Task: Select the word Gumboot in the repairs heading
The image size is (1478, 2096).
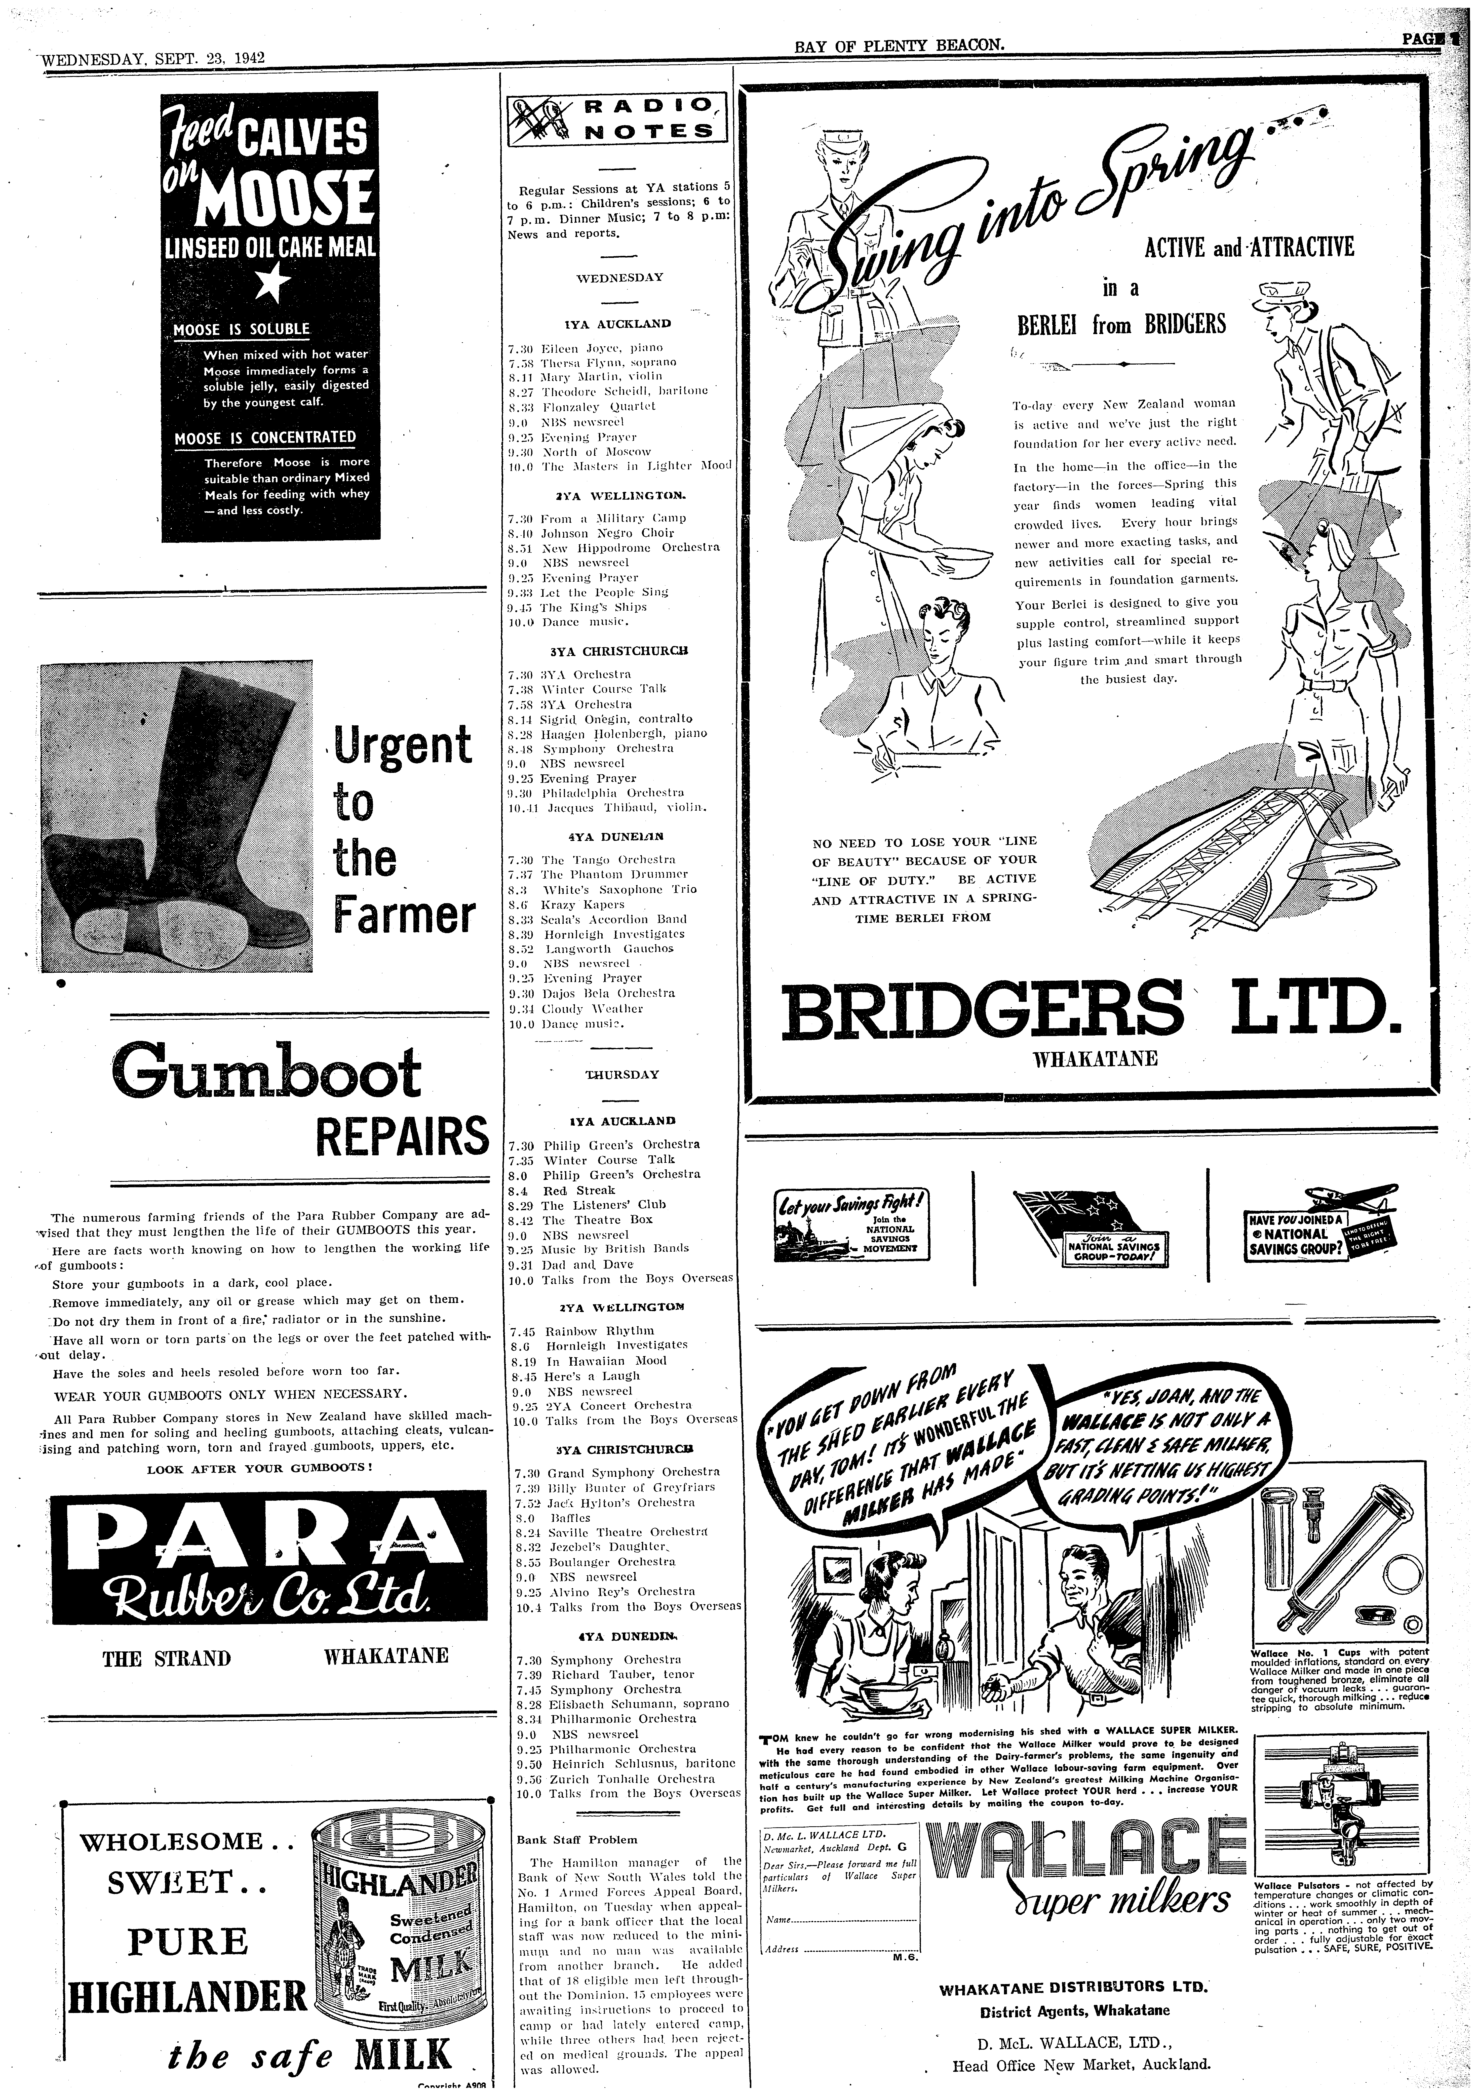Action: point(266,1072)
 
